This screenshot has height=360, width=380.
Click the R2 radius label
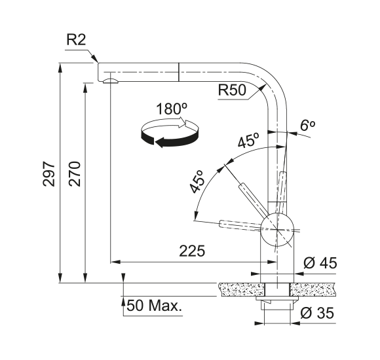[x=76, y=40]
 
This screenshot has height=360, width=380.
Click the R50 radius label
[x=232, y=90]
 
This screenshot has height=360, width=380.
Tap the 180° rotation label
[x=172, y=109]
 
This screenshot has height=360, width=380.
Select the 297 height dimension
[x=48, y=174]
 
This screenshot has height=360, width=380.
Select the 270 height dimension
[x=75, y=174]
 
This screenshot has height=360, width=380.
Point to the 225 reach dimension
[x=192, y=251]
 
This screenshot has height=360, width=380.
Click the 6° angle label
[x=307, y=126]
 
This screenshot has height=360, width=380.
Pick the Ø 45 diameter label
[x=320, y=263]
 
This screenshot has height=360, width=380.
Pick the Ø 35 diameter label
[x=317, y=313]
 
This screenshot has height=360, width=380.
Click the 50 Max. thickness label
[x=154, y=306]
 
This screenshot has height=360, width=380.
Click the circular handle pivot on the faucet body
[x=277, y=229]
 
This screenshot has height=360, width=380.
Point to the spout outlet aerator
[x=111, y=81]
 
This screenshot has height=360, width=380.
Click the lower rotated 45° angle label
[x=197, y=181]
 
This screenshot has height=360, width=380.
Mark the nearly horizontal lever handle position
[x=240, y=225]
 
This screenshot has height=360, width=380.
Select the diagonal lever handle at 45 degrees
[x=254, y=200]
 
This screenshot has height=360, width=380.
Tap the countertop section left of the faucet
[x=241, y=289]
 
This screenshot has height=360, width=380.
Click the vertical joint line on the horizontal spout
[x=178, y=72]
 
